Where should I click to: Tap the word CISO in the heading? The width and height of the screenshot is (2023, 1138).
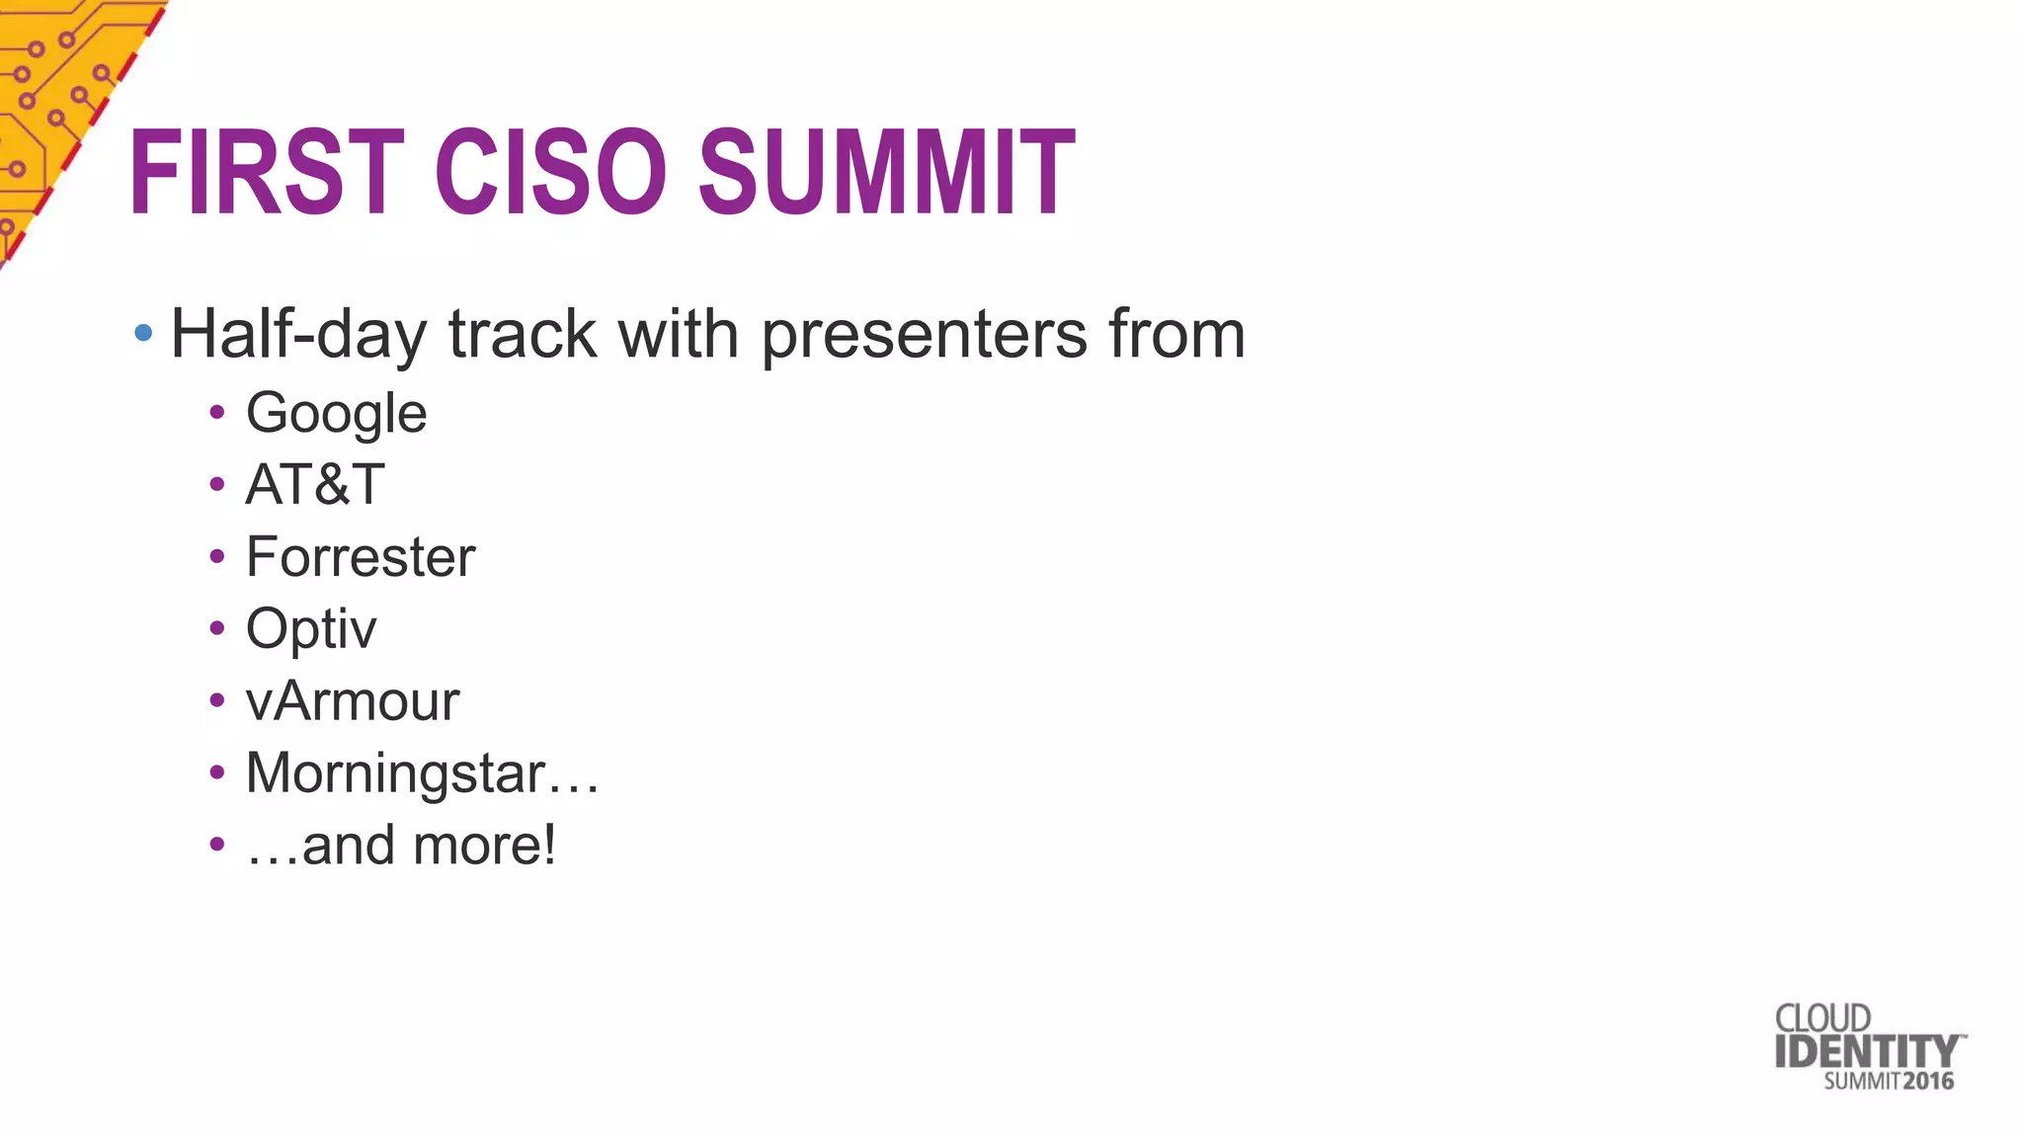point(551,173)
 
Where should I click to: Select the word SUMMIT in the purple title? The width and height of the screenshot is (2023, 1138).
point(886,173)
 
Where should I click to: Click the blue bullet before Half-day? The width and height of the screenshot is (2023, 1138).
point(143,333)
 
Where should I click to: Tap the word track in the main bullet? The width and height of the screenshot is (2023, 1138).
point(523,334)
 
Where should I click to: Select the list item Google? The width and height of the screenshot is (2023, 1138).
point(336,414)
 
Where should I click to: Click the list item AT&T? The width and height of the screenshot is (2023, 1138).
point(314,485)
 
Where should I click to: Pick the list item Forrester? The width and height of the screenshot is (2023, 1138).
point(361,557)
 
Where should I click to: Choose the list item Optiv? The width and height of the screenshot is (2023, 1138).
point(311,629)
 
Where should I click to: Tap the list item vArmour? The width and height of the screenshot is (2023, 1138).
point(353,701)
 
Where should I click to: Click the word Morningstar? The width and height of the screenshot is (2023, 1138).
point(395,773)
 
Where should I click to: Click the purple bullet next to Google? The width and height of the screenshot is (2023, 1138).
point(217,412)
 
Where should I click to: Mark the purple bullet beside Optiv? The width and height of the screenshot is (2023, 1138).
point(217,628)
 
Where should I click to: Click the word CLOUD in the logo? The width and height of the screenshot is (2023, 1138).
point(1822,1018)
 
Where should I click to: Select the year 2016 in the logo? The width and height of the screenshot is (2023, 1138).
point(1928,1081)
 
